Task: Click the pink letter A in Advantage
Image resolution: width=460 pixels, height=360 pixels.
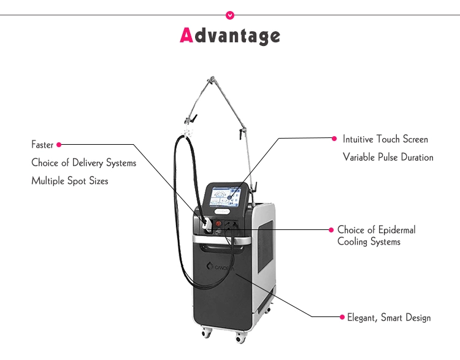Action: (x=187, y=35)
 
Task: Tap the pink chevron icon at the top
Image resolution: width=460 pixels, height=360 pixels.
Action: (x=230, y=14)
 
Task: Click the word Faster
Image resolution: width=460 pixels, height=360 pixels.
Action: (x=42, y=145)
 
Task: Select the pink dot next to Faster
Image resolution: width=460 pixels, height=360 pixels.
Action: (x=59, y=145)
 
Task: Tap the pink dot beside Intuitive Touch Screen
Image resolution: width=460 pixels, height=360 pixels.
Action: (x=334, y=139)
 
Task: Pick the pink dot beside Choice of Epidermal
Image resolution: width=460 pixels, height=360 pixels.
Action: (x=331, y=229)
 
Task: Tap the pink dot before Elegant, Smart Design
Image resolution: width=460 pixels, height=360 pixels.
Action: (x=342, y=317)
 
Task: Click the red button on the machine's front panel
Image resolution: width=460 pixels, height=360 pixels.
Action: (x=219, y=220)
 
